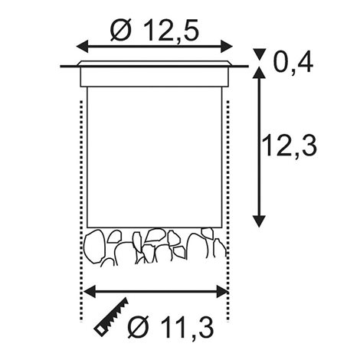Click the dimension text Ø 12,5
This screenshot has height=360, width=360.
click(154, 30)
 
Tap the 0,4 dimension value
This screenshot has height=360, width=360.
click(293, 62)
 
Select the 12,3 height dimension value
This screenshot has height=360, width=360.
click(289, 146)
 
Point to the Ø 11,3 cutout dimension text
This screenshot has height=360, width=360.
click(170, 327)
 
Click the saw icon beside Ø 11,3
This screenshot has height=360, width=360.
click(111, 317)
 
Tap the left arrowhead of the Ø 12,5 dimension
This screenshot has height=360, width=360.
click(82, 47)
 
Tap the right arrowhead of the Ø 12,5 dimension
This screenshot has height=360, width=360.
click(227, 47)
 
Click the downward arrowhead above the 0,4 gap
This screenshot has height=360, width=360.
click(259, 54)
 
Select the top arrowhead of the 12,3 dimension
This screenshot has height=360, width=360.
click(259, 72)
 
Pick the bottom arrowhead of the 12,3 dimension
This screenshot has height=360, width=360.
click(259, 221)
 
